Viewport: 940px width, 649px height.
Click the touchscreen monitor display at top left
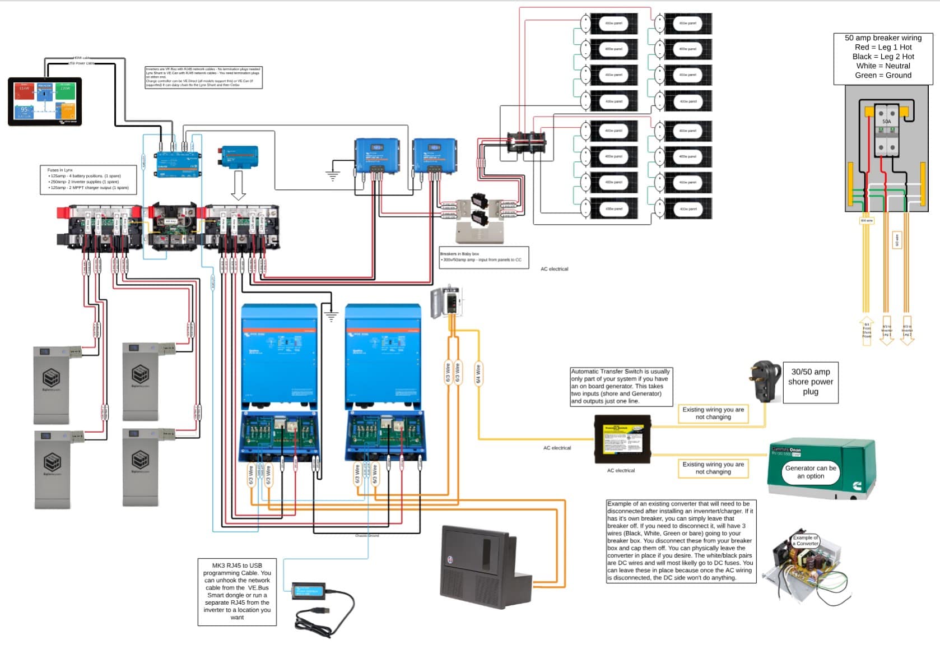click(45, 101)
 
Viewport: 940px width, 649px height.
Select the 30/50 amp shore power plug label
click(810, 382)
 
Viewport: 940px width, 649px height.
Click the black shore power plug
click(765, 381)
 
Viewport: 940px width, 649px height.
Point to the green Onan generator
click(820, 468)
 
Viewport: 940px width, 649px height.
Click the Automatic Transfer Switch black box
click(622, 439)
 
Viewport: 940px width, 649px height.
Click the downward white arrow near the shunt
click(239, 186)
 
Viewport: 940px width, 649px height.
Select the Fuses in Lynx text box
click(89, 179)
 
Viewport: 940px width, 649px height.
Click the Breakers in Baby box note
click(483, 257)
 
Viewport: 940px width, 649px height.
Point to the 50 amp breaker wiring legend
click(883, 57)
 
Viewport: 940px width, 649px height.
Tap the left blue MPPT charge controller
click(377, 155)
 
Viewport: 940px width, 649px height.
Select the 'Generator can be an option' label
click(810, 472)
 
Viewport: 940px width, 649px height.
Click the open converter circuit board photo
click(807, 566)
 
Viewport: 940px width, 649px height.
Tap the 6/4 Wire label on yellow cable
click(478, 373)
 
